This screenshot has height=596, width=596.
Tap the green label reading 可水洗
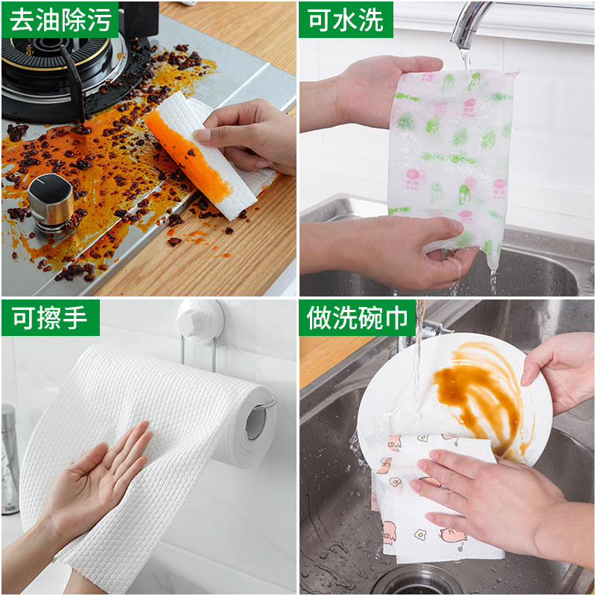[x=346, y=19]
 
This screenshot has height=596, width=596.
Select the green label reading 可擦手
[x=50, y=318]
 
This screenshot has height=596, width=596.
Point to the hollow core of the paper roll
[x=256, y=421]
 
